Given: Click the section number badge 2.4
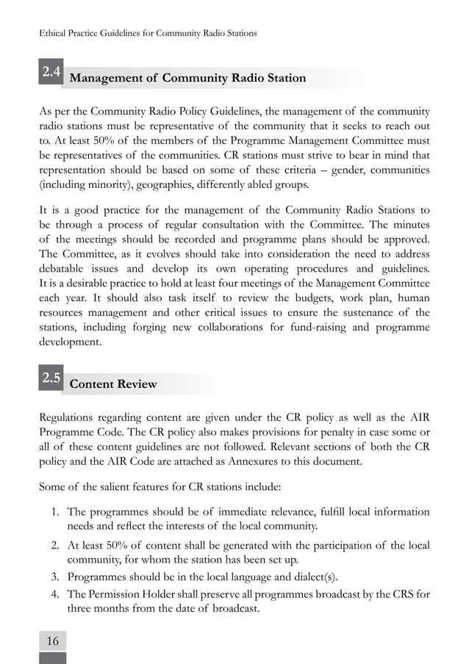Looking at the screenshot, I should (51, 72).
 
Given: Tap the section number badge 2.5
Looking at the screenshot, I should (51, 379).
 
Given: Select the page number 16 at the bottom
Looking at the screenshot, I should (52, 640).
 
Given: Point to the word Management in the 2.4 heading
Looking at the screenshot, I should (112, 78).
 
